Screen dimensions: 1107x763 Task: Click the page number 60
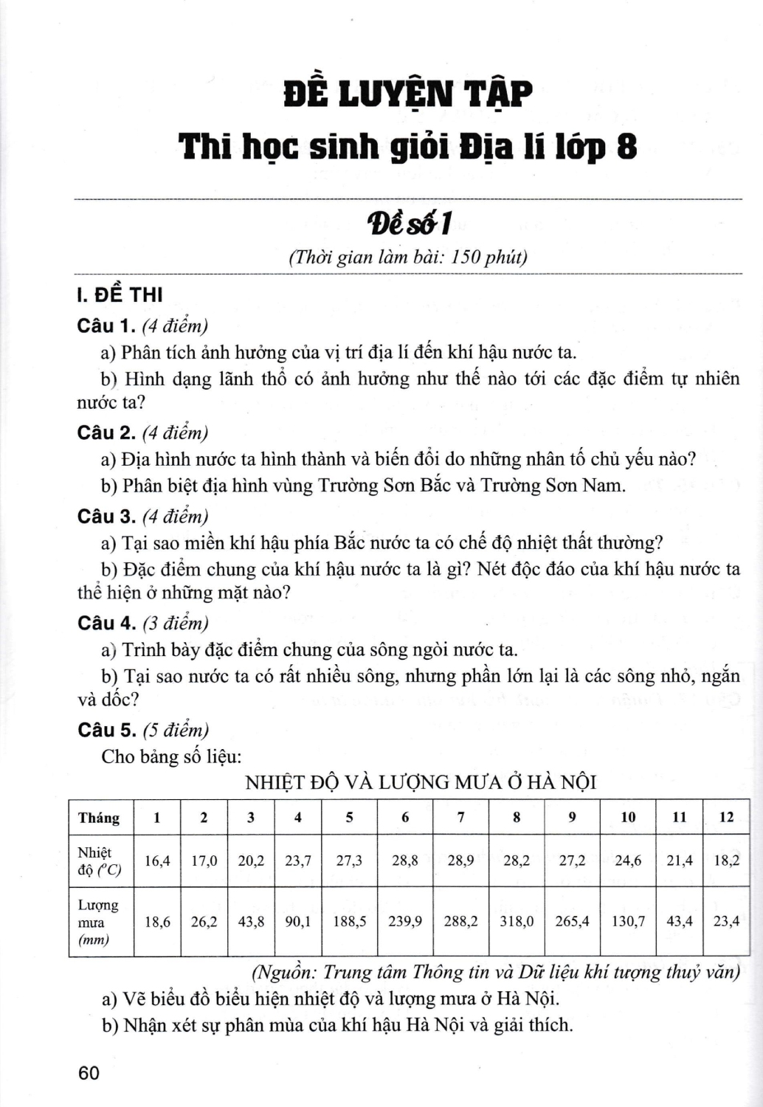(x=88, y=1072)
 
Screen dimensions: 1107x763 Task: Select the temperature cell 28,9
(x=460, y=860)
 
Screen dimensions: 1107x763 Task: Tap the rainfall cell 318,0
(x=516, y=921)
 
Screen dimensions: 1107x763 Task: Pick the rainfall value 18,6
(x=157, y=921)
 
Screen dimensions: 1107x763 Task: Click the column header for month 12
(x=726, y=817)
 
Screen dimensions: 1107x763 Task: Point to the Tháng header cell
(x=99, y=818)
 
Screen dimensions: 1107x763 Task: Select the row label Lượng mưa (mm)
(x=98, y=922)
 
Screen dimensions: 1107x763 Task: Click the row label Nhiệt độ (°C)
(x=98, y=861)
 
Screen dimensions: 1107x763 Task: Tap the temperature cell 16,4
(x=157, y=860)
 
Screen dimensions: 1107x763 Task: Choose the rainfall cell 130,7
(x=628, y=921)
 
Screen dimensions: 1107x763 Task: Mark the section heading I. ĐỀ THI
(x=120, y=295)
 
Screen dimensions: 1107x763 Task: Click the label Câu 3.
(x=106, y=517)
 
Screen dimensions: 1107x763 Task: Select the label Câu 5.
(x=106, y=730)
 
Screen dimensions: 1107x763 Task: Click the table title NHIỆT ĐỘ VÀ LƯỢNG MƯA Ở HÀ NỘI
(x=421, y=782)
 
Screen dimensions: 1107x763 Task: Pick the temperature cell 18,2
(x=726, y=860)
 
